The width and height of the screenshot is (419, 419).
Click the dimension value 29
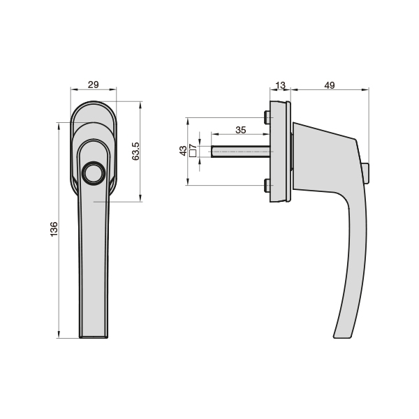coord(93,85)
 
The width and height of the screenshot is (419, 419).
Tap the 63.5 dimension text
coord(136,152)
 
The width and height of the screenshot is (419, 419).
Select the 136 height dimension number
coord(54,230)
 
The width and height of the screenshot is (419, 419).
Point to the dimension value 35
coord(240,130)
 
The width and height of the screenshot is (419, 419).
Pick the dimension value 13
coord(281,85)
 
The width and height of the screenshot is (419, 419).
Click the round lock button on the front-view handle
coord(93,173)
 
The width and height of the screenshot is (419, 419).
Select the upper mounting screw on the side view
coord(266,117)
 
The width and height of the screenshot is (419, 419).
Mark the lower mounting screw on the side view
coord(266,185)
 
